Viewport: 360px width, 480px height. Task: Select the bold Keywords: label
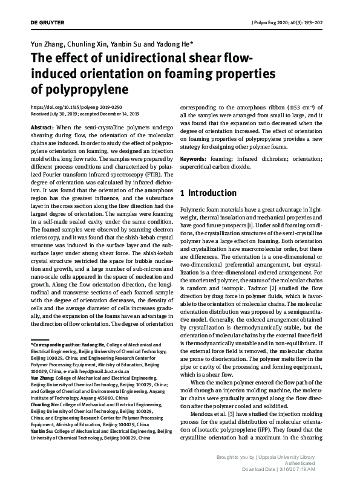195,158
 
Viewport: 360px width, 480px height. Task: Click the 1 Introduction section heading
209,193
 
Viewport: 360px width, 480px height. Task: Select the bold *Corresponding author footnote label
57,345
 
